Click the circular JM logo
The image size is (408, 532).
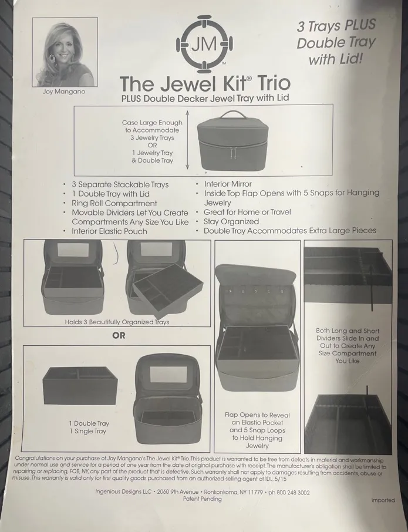(204, 44)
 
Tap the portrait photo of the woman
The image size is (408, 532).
(65, 52)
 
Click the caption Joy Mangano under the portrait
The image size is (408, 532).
(64, 92)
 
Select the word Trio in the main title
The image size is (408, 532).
(274, 83)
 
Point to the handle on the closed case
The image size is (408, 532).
(232, 114)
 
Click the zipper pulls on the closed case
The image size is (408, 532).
(232, 153)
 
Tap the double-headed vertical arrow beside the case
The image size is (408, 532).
(187, 139)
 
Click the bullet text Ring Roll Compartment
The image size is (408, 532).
(114, 203)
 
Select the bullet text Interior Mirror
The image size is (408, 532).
(228, 184)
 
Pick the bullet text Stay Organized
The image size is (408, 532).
(231, 221)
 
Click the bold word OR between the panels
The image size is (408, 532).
(119, 335)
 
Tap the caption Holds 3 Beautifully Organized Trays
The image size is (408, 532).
(117, 322)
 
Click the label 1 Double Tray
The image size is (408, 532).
(89, 423)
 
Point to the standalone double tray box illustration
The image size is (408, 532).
(80, 385)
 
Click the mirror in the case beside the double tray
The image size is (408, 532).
(168, 374)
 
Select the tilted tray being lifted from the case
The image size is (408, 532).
(168, 291)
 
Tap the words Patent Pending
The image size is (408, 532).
(202, 499)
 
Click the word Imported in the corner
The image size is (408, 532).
(383, 500)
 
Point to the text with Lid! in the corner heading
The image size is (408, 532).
(336, 60)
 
